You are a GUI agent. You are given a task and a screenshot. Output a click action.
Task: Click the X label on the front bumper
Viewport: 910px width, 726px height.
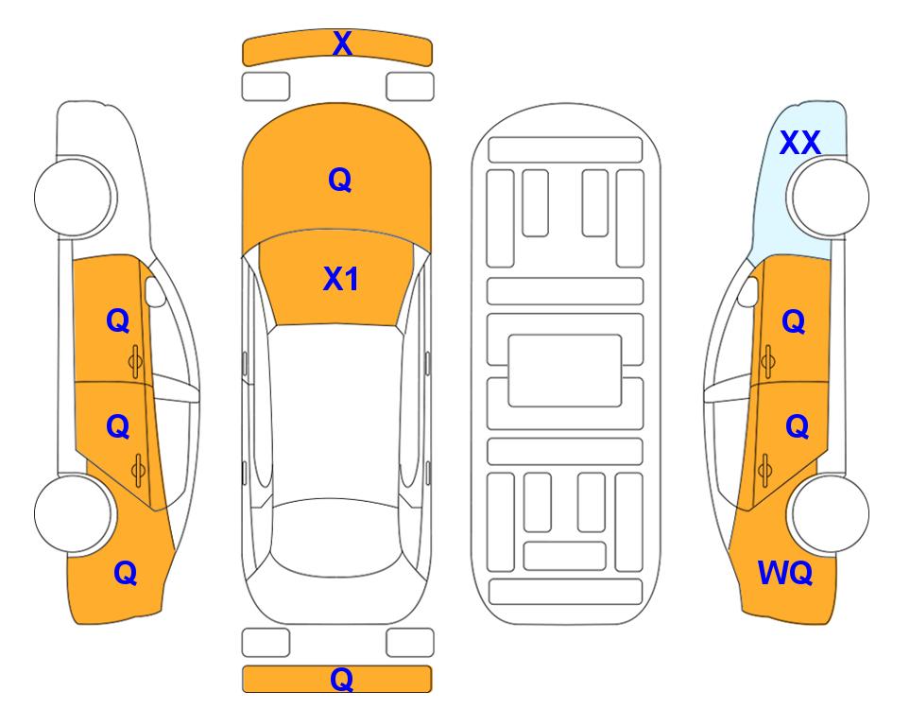point(342,43)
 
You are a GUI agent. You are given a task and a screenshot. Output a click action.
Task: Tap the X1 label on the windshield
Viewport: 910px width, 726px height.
point(341,279)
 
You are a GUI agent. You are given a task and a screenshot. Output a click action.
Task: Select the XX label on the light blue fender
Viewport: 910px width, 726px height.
point(799,143)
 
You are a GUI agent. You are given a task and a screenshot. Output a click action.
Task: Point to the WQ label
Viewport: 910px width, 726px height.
point(785,573)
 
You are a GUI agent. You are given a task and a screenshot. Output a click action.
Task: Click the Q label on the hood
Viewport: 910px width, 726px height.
point(340,180)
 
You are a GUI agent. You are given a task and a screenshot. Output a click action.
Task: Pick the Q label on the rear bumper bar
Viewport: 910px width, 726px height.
point(342,679)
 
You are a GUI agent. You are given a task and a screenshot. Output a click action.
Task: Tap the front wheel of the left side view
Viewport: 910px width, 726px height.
point(74,197)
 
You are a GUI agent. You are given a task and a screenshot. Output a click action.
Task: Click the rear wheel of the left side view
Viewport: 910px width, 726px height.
point(74,513)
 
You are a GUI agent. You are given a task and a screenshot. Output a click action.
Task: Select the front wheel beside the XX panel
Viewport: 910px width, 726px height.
point(828,197)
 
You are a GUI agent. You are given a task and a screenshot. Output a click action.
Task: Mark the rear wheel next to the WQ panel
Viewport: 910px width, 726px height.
point(829,513)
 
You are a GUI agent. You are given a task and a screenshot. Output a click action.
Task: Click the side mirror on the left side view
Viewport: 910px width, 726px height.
point(154,291)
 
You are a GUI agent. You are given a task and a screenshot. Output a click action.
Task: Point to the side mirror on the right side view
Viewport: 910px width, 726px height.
point(748,291)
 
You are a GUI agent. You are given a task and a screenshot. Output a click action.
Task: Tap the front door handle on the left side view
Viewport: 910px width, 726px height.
point(136,361)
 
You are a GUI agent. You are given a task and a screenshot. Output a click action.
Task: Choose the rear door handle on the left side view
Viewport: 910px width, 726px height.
point(138,470)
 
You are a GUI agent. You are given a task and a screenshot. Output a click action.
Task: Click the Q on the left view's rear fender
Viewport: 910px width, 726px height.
point(126,574)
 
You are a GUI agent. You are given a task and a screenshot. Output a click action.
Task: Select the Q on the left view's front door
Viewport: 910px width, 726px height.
point(118,320)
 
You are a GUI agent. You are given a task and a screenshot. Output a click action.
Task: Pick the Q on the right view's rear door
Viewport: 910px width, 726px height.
point(798,427)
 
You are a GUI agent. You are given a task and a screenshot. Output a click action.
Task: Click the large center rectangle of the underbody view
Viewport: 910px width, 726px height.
point(565,371)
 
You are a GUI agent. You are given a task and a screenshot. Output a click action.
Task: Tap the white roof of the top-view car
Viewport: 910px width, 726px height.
point(335,412)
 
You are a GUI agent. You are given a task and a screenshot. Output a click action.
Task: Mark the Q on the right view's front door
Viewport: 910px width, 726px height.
point(794,321)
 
